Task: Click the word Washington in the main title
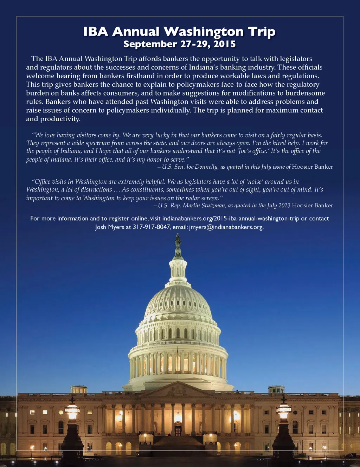click(x=204, y=32)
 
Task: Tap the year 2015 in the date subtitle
click(x=224, y=44)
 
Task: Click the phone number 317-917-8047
click(x=151, y=227)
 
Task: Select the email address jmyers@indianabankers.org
click(x=226, y=227)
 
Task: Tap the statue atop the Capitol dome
click(x=178, y=241)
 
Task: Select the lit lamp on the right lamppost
click(x=283, y=411)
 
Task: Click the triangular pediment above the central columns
click(x=178, y=389)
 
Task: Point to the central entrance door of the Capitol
click(x=178, y=430)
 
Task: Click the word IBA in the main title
click(x=96, y=32)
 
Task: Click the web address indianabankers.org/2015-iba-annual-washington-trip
click(x=231, y=219)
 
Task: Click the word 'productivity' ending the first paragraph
click(x=60, y=119)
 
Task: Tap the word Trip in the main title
click(x=262, y=32)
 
